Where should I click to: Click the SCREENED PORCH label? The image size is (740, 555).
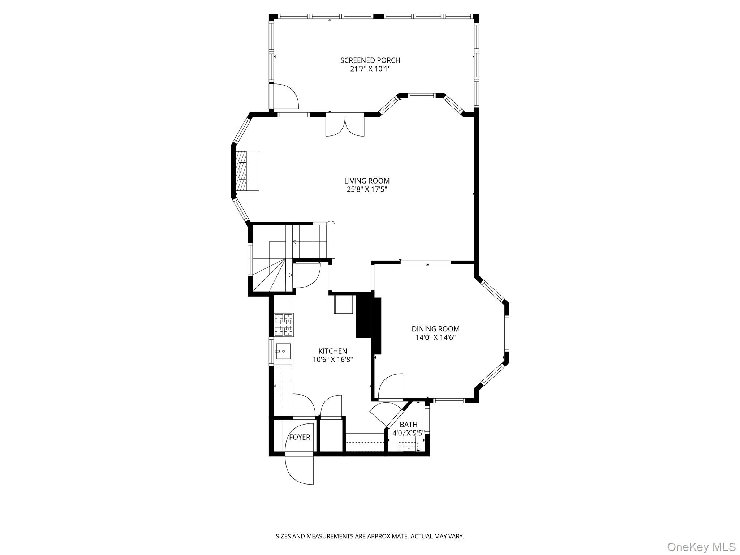tap(370, 60)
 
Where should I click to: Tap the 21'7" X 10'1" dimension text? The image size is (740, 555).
tap(370, 69)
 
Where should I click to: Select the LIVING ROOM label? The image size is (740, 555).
tap(367, 181)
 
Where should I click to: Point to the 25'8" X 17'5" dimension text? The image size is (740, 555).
tap(367, 189)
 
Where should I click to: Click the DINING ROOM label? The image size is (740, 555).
tap(435, 329)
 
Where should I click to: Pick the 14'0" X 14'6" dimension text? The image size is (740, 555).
tap(435, 337)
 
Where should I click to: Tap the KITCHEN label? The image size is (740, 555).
tap(332, 351)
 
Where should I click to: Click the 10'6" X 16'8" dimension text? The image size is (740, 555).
tap(332, 360)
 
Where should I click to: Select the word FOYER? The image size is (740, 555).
tap(300, 437)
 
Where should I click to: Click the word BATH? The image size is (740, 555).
tap(408, 425)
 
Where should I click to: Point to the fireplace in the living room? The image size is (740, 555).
tap(247, 171)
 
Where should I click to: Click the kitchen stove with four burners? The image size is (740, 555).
tap(283, 324)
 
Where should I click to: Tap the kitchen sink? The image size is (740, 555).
tap(283, 351)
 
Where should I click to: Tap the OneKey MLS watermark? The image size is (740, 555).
tap(701, 547)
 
